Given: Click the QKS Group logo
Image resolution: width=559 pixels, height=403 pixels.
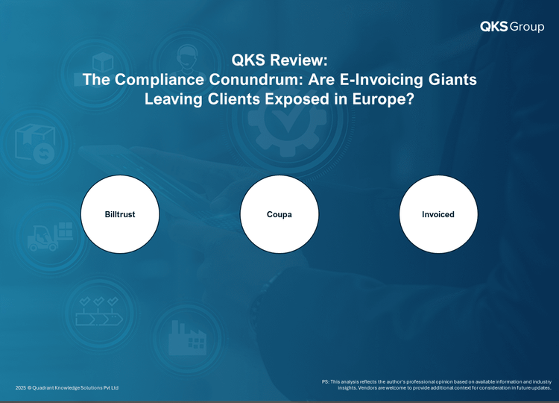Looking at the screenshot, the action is tap(512, 26).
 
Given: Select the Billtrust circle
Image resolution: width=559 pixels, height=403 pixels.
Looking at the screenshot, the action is tap(120, 214).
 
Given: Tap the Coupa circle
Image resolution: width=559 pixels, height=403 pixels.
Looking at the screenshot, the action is tap(279, 214).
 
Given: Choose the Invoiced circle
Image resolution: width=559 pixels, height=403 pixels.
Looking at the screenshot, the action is tap(438, 214).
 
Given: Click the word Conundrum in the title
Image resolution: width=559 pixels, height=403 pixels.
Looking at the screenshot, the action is tap(256, 79).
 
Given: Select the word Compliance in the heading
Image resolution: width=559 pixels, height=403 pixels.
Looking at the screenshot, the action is tap(160, 80).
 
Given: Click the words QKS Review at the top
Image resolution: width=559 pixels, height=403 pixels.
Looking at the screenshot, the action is tap(279, 60).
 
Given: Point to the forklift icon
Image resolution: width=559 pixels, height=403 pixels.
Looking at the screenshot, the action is tap(50, 237).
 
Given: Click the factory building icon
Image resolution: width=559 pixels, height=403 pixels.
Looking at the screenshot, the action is tap(187, 338).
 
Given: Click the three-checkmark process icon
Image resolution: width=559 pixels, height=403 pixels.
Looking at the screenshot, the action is tap(99, 311).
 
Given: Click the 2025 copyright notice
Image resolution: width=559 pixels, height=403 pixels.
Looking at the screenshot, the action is tap(67, 387).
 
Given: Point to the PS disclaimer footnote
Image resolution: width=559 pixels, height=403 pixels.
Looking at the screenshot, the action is tap(437, 385).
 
